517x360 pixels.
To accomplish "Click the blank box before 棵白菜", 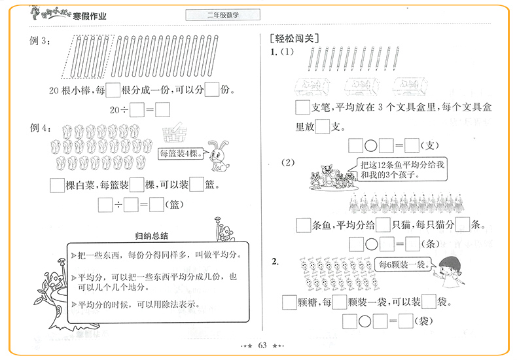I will pos(58,185).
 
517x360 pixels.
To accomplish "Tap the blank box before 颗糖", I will pos(290,302).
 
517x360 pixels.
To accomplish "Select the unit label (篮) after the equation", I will pos(176,205).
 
